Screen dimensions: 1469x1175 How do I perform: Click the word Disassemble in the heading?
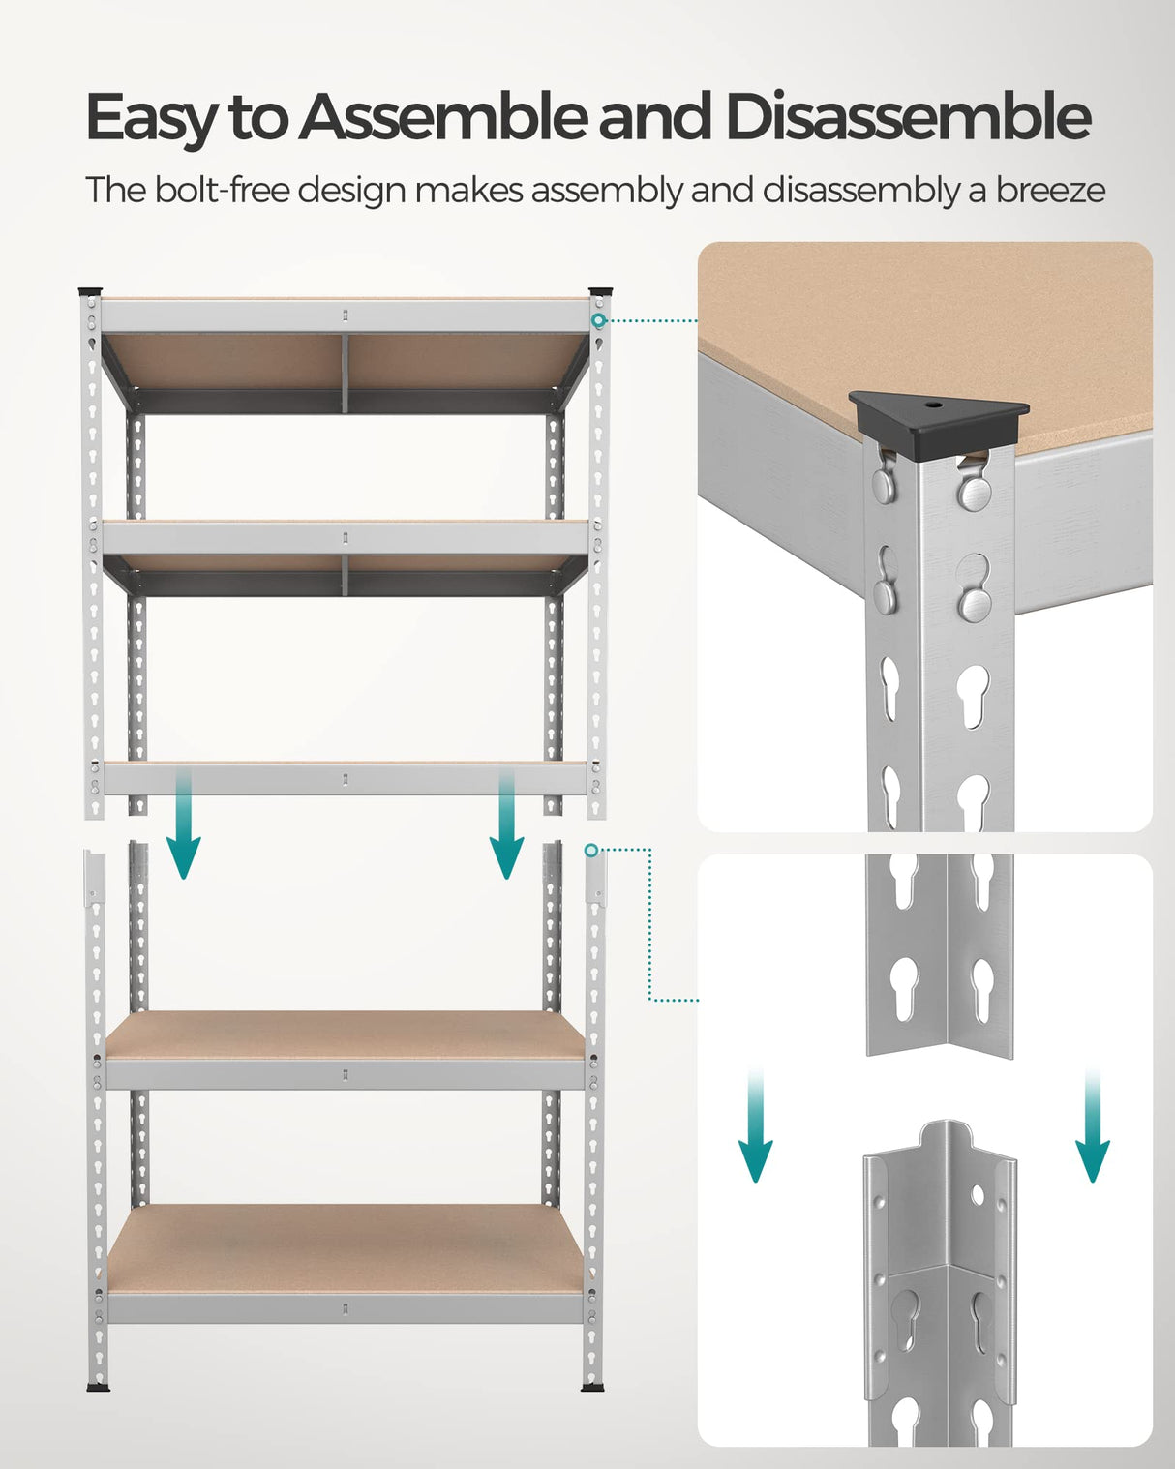(908, 117)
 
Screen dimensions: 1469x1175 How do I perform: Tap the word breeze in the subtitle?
(1050, 191)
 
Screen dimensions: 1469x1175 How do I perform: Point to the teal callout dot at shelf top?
(599, 320)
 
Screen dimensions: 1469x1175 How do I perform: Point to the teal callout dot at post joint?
(590, 850)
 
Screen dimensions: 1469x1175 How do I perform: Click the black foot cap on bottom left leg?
(98, 1387)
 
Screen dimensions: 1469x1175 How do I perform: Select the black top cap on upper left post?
(90, 290)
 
